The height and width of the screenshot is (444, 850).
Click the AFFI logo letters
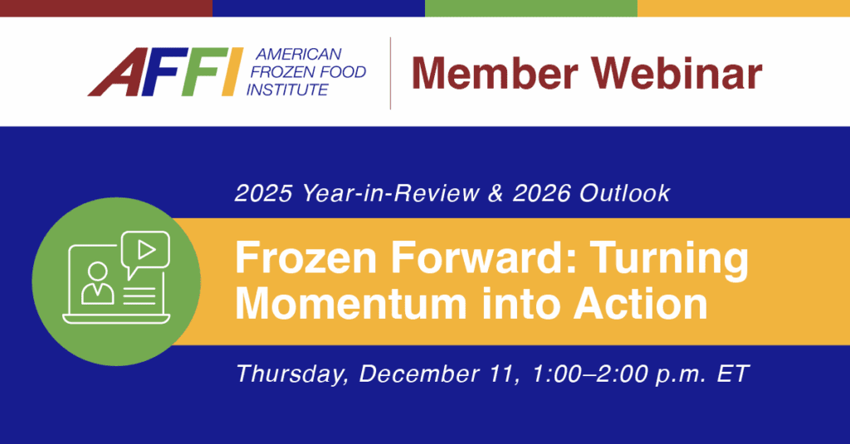click(165, 71)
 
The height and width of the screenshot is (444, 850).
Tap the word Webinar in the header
click(676, 73)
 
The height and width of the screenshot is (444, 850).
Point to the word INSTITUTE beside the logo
click(286, 90)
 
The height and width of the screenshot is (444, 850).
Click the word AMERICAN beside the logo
click(298, 54)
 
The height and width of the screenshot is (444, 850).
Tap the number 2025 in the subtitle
click(263, 193)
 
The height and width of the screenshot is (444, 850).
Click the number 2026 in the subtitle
click(541, 193)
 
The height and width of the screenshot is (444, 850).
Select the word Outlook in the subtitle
click(625, 193)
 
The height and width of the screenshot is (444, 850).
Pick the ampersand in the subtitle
click(496, 193)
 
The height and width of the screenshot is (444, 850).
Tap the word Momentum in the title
click(351, 304)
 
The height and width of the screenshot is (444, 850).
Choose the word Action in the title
click(641, 304)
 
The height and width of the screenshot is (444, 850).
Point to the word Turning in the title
click(670, 261)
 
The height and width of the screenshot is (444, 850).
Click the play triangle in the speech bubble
click(146, 250)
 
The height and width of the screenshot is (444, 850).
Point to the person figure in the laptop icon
click(98, 283)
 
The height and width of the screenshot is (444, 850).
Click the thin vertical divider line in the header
click(390, 73)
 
